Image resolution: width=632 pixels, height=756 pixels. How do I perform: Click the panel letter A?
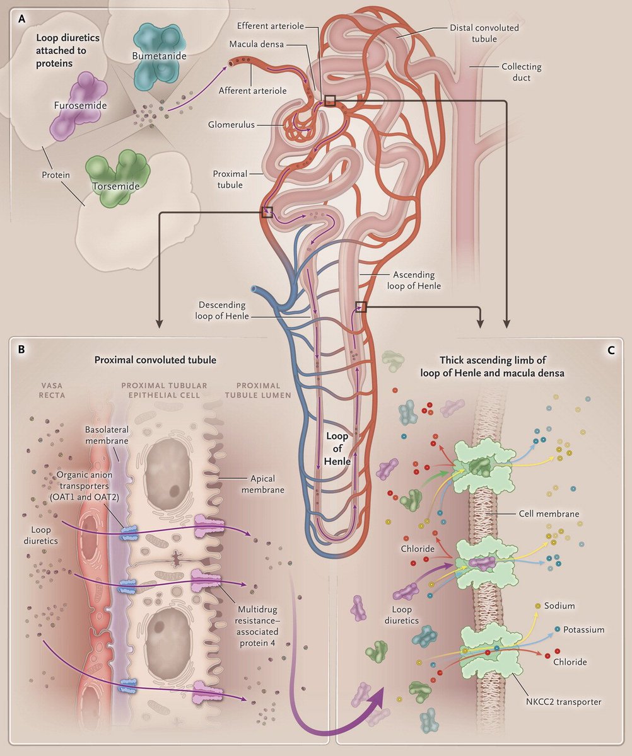coord(23,19)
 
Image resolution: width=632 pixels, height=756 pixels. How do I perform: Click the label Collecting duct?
coord(521,72)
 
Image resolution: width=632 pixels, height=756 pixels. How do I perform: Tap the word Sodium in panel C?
coord(561,606)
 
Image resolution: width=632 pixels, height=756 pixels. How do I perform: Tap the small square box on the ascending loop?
coord(361,307)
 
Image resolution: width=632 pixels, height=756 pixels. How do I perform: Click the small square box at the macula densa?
coord(330,100)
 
